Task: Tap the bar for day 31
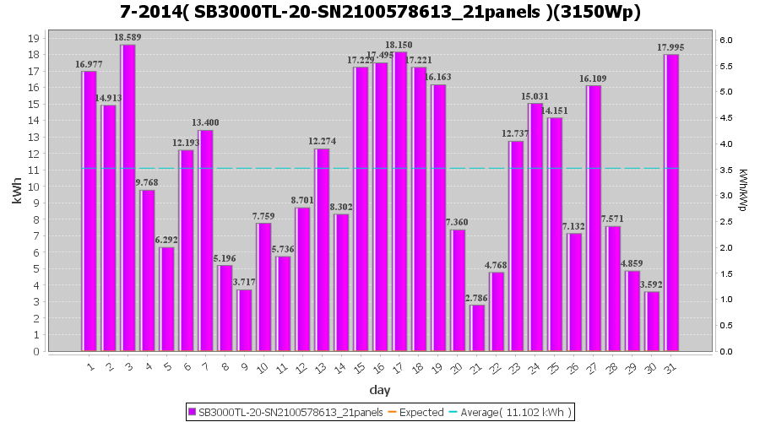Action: point(672,203)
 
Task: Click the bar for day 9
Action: point(245,320)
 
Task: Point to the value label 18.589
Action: point(128,38)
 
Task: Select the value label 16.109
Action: point(593,78)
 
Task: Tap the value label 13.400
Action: point(205,123)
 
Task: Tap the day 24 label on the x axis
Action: point(534,367)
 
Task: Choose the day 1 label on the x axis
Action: point(89,367)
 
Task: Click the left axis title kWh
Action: point(17,194)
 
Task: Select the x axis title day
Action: point(380,390)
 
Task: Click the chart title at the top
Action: point(380,12)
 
